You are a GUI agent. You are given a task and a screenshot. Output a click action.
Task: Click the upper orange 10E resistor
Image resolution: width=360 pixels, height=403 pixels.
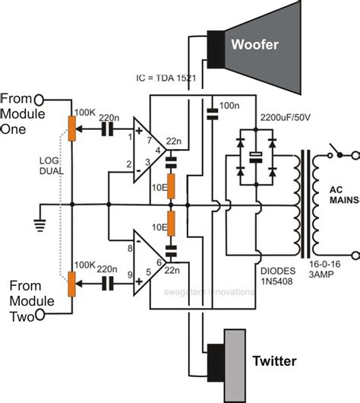[171, 184]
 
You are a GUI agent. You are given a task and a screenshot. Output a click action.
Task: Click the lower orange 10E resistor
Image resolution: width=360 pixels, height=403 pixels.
[171, 224]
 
